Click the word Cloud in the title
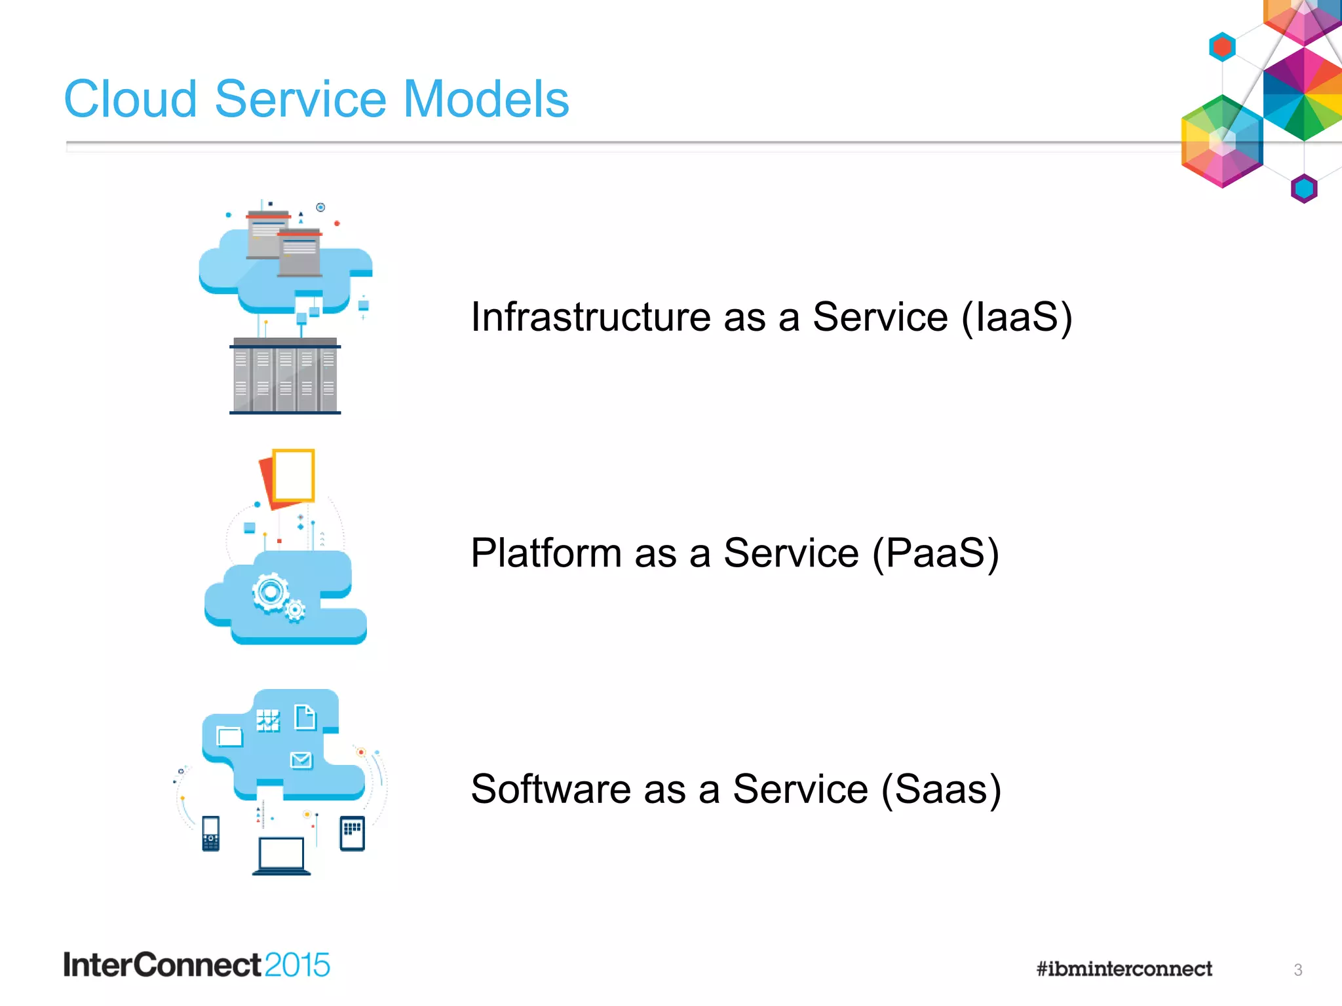coord(130,100)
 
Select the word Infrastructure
coord(590,317)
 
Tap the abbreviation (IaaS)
coord(1016,317)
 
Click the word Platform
coord(546,553)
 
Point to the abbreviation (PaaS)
coord(935,553)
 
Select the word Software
coord(550,789)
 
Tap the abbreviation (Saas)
coord(941,789)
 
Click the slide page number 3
coord(1297,969)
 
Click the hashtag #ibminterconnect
coord(1124,969)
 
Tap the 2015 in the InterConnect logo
coord(297,965)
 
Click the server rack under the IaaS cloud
coord(285,377)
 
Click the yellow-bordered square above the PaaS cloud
coord(294,475)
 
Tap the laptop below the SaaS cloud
coord(281,855)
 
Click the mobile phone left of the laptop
coord(210,833)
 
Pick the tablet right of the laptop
coord(352,833)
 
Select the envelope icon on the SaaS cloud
coord(301,760)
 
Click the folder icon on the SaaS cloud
coord(229,736)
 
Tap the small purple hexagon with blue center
coord(1303,189)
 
